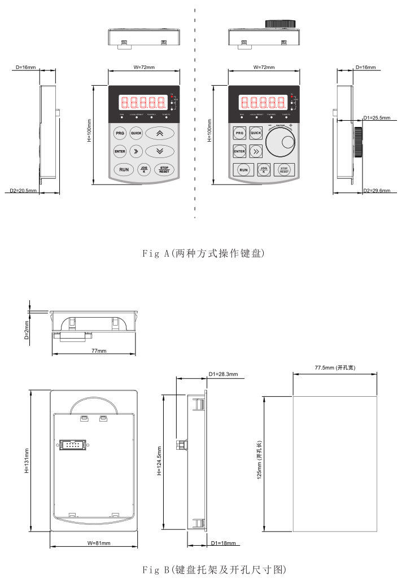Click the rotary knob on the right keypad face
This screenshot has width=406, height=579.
pyautogui.click(x=282, y=142)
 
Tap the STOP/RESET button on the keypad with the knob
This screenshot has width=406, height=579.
pyautogui.click(x=284, y=169)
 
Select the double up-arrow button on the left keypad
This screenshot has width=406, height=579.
pyautogui.click(x=159, y=134)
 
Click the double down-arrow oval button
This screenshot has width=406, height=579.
pyautogui.click(x=159, y=151)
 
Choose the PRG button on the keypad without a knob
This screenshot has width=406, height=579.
pyautogui.click(x=120, y=134)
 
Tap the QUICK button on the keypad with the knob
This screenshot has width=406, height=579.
pyautogui.click(x=256, y=133)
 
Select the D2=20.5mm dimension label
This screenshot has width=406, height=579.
pyautogui.click(x=23, y=191)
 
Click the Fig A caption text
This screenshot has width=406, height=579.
pyautogui.click(x=203, y=254)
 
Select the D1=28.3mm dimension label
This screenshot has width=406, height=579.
pyautogui.click(x=223, y=374)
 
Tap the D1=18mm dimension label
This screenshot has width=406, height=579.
pyautogui.click(x=222, y=543)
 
